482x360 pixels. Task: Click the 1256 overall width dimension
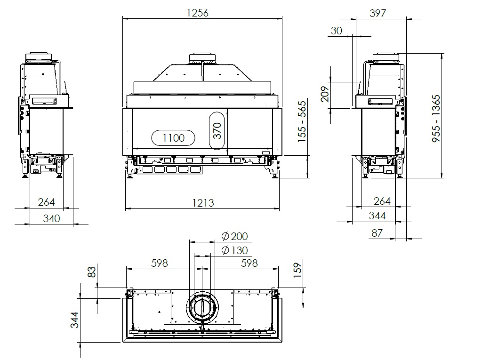point(197,13)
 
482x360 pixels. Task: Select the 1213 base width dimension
point(203,203)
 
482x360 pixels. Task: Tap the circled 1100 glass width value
point(173,138)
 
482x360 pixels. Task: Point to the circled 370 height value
point(217,131)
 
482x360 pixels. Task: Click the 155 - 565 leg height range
point(302,121)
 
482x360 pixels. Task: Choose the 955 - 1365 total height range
point(436,119)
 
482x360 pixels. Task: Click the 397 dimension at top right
point(378,13)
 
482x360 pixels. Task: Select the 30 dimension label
point(336,31)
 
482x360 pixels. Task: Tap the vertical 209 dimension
point(325,94)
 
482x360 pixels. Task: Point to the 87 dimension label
point(377,233)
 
